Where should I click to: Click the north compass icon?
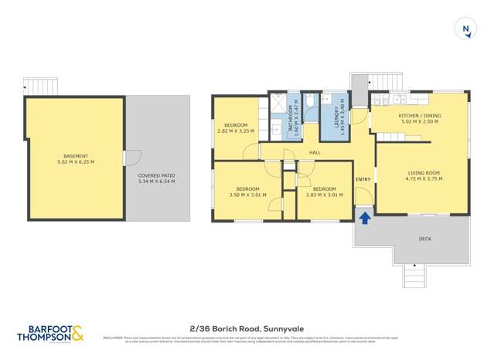pyautogui.click(x=465, y=29)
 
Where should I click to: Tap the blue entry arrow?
pyautogui.click(x=364, y=218)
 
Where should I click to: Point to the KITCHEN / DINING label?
pyautogui.click(x=419, y=117)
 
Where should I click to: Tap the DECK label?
pyautogui.click(x=424, y=239)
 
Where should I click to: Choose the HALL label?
pyautogui.click(x=315, y=153)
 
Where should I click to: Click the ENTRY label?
pyautogui.click(x=363, y=179)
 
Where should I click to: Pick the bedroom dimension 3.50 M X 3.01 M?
pyautogui.click(x=247, y=195)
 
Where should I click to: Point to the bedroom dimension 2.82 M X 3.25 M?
pyautogui.click(x=236, y=131)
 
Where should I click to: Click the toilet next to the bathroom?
pyautogui.click(x=308, y=101)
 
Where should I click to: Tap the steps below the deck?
pyautogui.click(x=414, y=274)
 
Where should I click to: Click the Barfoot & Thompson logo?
pyautogui.click(x=53, y=333)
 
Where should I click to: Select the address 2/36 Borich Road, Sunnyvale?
pyautogui.click(x=247, y=327)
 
